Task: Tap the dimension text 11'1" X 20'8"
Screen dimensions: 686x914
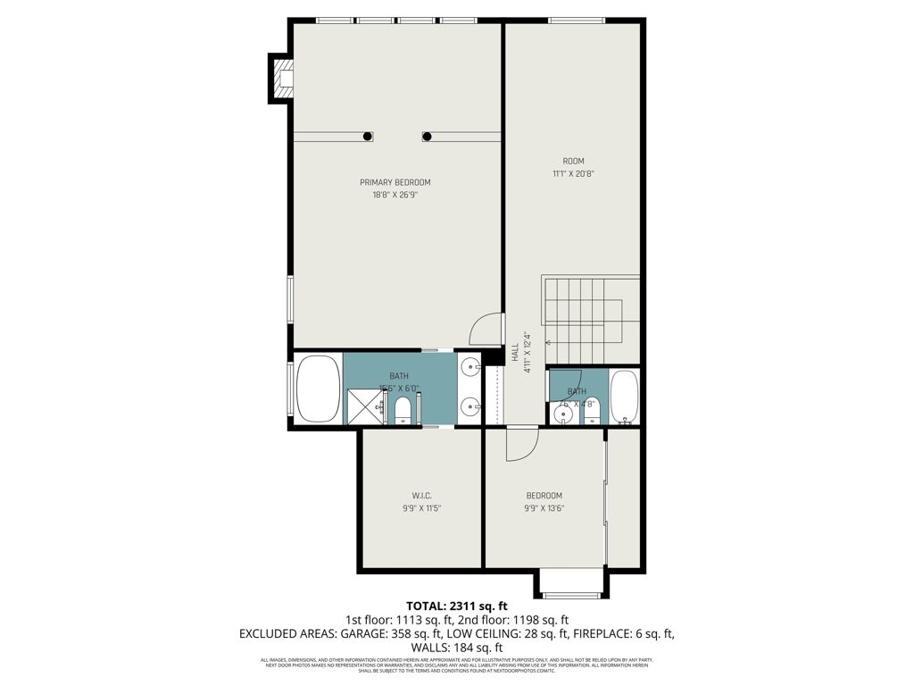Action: [573, 174]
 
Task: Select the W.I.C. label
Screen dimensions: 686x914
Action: [422, 496]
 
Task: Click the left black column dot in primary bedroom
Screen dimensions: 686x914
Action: [368, 137]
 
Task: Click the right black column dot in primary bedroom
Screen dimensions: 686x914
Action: [428, 137]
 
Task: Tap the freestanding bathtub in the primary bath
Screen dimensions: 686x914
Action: [317, 389]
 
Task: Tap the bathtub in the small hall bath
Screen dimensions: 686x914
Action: [624, 396]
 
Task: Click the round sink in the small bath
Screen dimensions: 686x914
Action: [562, 414]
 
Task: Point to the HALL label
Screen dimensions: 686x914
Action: [515, 353]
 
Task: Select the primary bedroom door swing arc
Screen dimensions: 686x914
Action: [486, 329]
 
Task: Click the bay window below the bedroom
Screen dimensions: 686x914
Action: [572, 587]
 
